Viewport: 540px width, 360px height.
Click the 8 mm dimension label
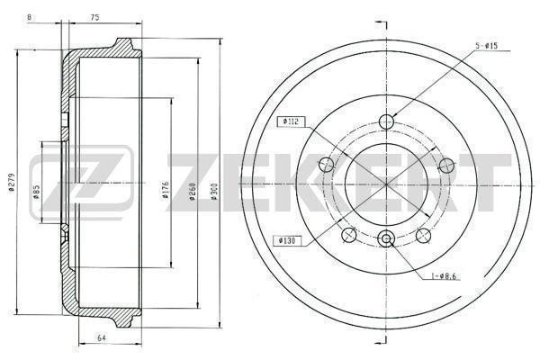pos(30,18)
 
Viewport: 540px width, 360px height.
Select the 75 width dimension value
pos(95,18)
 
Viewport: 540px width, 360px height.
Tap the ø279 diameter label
pos(11,182)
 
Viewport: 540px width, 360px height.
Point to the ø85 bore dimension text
pos(36,193)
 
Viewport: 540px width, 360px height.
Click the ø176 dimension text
pos(165,190)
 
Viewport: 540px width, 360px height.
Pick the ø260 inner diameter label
pos(193,192)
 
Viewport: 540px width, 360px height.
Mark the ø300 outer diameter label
pos(214,192)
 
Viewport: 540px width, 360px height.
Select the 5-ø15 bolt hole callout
pos(487,46)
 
